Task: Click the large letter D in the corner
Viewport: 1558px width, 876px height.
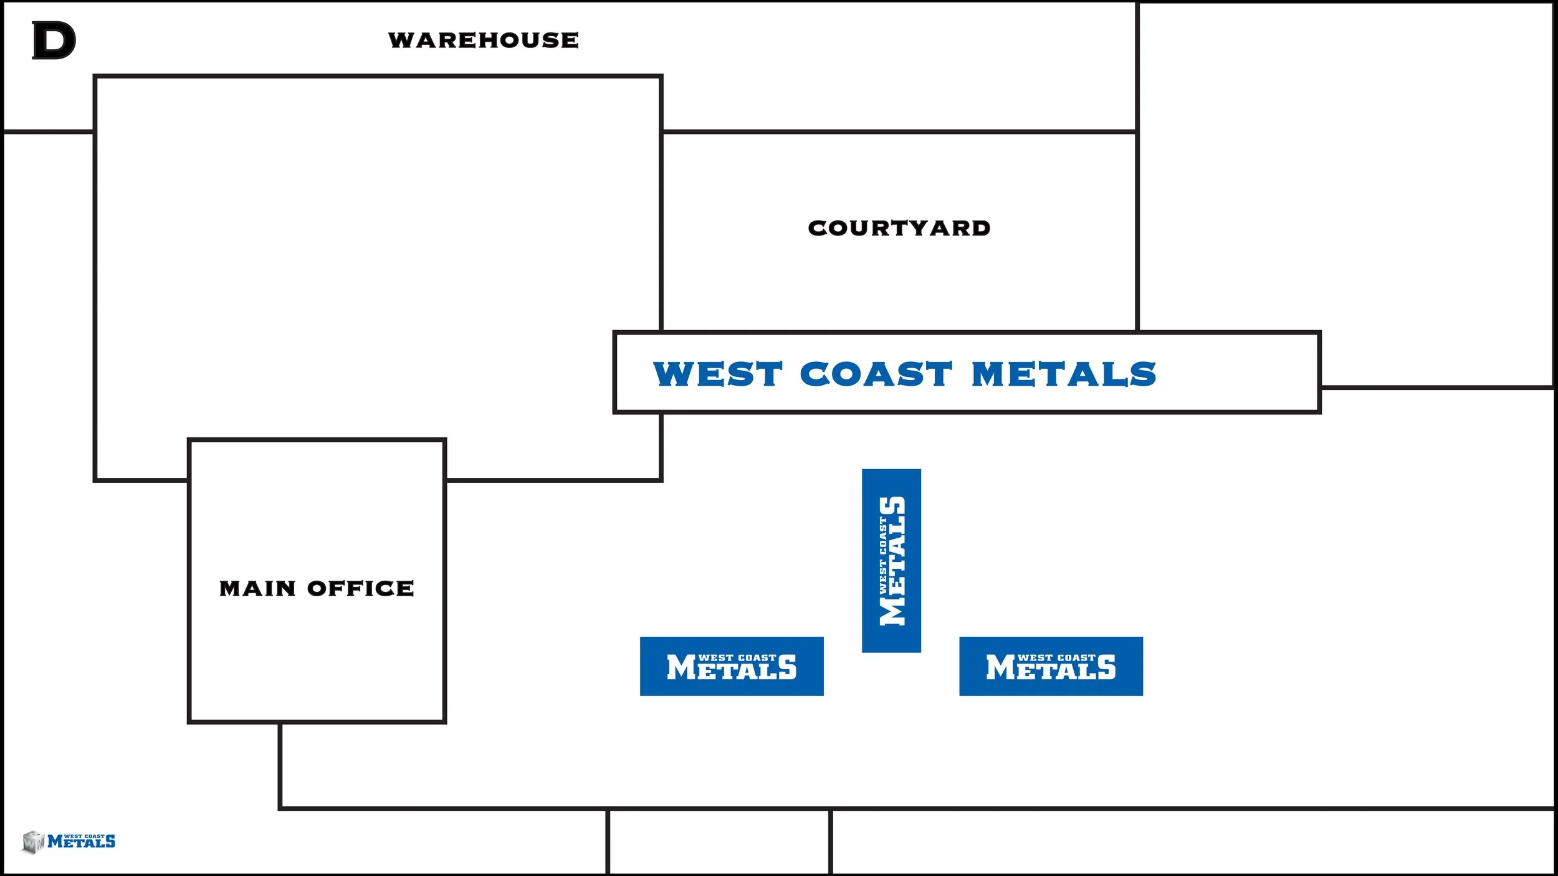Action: click(x=54, y=40)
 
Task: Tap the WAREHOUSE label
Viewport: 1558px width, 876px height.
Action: click(x=484, y=40)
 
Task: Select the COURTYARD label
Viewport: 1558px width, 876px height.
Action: click(x=899, y=228)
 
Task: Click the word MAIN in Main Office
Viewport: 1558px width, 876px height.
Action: click(x=257, y=588)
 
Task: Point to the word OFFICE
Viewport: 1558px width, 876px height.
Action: click(x=360, y=588)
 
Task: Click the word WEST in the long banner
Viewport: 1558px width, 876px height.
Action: click(x=717, y=374)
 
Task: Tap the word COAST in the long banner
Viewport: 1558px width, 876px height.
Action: click(x=876, y=374)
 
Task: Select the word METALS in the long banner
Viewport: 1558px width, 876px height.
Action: click(x=1064, y=374)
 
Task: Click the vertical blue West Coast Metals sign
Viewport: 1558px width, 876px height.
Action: click(x=891, y=561)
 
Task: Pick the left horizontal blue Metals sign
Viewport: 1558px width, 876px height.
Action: click(x=732, y=666)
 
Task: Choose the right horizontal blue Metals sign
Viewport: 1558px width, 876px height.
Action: click(x=1051, y=666)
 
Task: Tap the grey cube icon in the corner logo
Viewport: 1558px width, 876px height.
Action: click(x=33, y=842)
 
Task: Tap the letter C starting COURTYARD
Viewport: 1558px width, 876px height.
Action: click(x=818, y=228)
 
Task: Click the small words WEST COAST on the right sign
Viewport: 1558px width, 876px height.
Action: click(x=1056, y=657)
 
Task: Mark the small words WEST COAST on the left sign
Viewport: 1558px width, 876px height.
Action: click(x=737, y=657)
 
